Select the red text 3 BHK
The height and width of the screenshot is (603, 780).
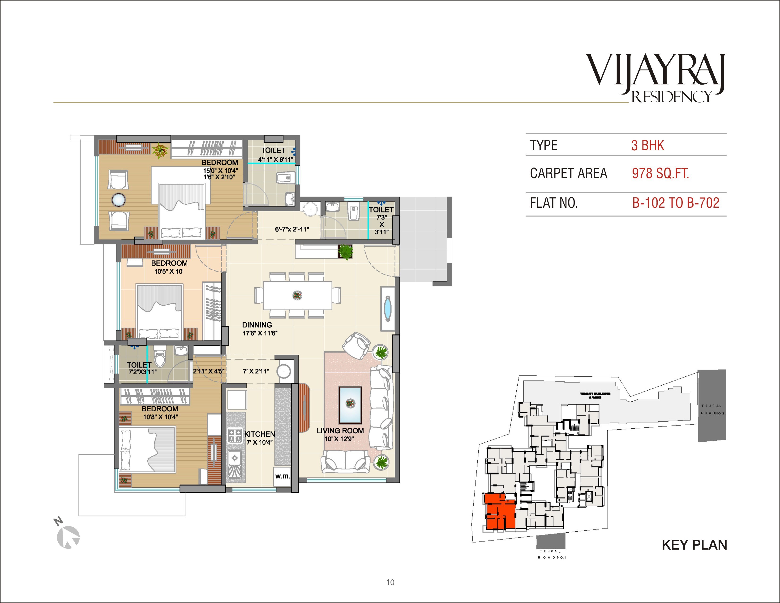tap(647, 145)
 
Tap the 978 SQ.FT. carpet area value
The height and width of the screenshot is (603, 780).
tap(660, 173)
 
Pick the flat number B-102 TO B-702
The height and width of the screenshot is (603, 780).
tap(675, 203)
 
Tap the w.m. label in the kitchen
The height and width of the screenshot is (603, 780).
tap(282, 476)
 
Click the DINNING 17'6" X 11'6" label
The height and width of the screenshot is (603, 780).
tap(259, 329)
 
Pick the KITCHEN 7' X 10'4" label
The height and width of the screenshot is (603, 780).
tap(259, 438)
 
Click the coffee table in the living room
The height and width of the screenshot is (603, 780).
tap(350, 405)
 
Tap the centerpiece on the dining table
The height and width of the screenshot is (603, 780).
tap(297, 295)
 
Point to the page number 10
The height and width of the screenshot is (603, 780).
tap(390, 582)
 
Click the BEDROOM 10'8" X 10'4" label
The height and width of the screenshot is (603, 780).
tap(160, 413)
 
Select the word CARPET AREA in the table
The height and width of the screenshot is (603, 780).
tap(568, 173)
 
